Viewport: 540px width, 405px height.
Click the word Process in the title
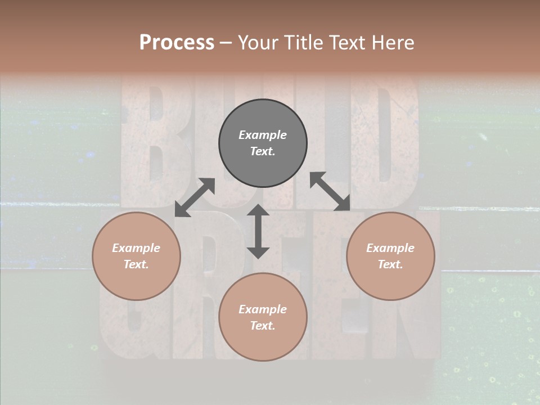(x=177, y=43)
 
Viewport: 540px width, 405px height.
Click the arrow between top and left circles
(x=195, y=197)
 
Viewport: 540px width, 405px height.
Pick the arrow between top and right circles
(x=330, y=191)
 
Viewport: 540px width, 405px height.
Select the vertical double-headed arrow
(x=258, y=231)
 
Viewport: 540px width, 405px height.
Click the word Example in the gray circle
(x=263, y=135)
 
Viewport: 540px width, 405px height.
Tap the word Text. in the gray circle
(x=263, y=151)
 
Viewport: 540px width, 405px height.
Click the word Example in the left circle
(x=136, y=248)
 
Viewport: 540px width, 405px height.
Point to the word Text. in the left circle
(x=136, y=264)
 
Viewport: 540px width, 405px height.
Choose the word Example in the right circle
(x=390, y=248)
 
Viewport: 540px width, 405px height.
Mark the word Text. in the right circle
(x=390, y=264)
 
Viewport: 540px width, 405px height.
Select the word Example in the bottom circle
(x=263, y=309)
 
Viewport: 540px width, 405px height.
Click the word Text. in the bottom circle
(x=263, y=326)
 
